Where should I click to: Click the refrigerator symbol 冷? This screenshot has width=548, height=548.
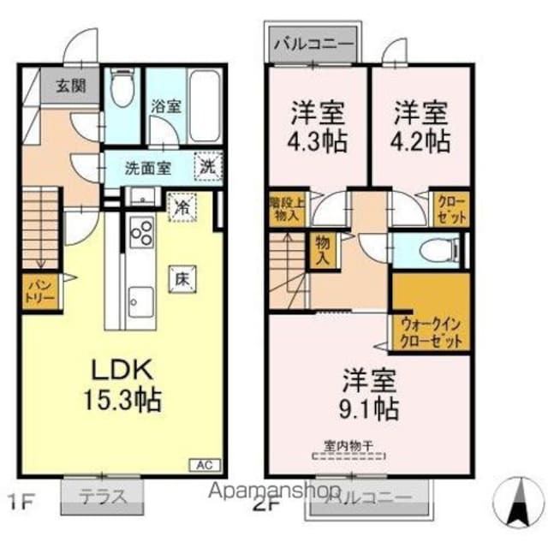click(182, 207)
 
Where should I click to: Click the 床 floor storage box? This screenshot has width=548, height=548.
click(182, 278)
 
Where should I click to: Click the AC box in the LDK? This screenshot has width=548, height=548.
click(205, 465)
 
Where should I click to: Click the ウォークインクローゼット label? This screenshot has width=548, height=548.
click(432, 331)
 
